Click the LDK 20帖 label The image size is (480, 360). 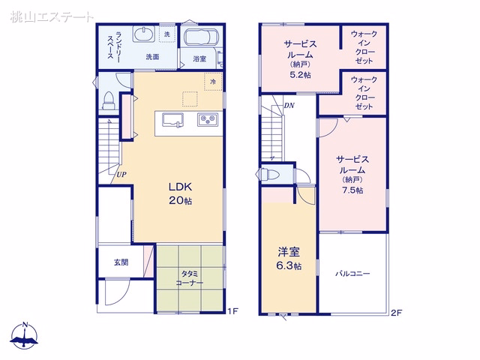[x=180, y=193]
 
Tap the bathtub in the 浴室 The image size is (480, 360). [x=201, y=37]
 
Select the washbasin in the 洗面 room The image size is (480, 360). [x=142, y=34]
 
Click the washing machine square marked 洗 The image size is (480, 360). [x=167, y=34]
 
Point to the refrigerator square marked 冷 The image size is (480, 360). [x=213, y=82]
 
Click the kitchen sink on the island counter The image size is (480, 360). [x=172, y=119]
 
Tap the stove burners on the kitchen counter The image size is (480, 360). [x=208, y=118]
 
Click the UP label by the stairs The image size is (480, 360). [x=121, y=175]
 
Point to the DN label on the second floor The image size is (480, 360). [x=289, y=106]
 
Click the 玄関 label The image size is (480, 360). [x=121, y=262]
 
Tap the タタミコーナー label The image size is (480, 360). [x=190, y=278]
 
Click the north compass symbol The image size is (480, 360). [x=25, y=336]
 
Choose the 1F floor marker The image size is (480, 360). [x=232, y=312]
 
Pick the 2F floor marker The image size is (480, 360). [x=396, y=313]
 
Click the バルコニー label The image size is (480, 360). [x=352, y=273]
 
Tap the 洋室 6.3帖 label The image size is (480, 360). [x=289, y=259]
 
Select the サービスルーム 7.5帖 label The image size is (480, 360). [x=352, y=175]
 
